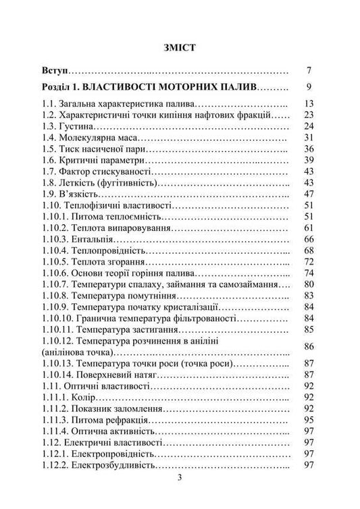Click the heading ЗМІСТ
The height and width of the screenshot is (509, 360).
pos(180,48)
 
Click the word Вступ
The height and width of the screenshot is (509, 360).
pos(55,71)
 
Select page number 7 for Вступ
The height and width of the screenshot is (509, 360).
pos(308,71)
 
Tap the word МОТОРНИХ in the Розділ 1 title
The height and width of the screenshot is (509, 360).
pos(198,87)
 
